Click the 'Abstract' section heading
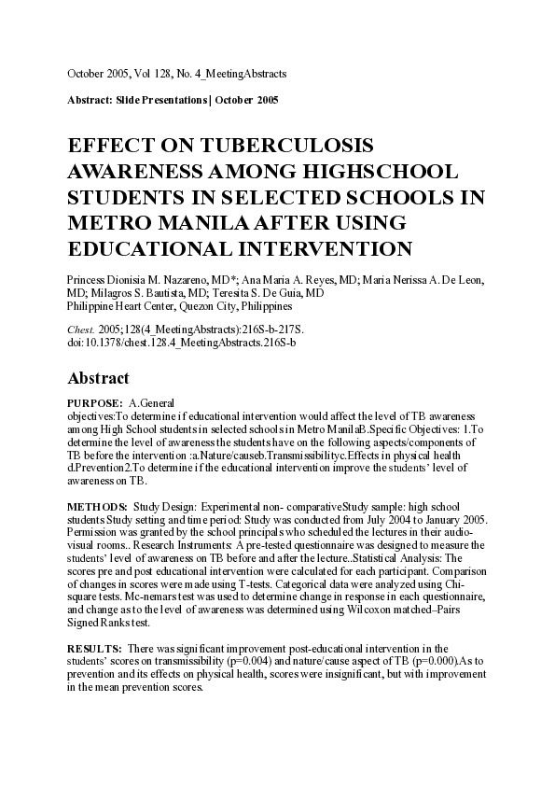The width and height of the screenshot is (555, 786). point(104,378)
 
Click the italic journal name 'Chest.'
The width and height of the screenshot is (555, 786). point(80,330)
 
